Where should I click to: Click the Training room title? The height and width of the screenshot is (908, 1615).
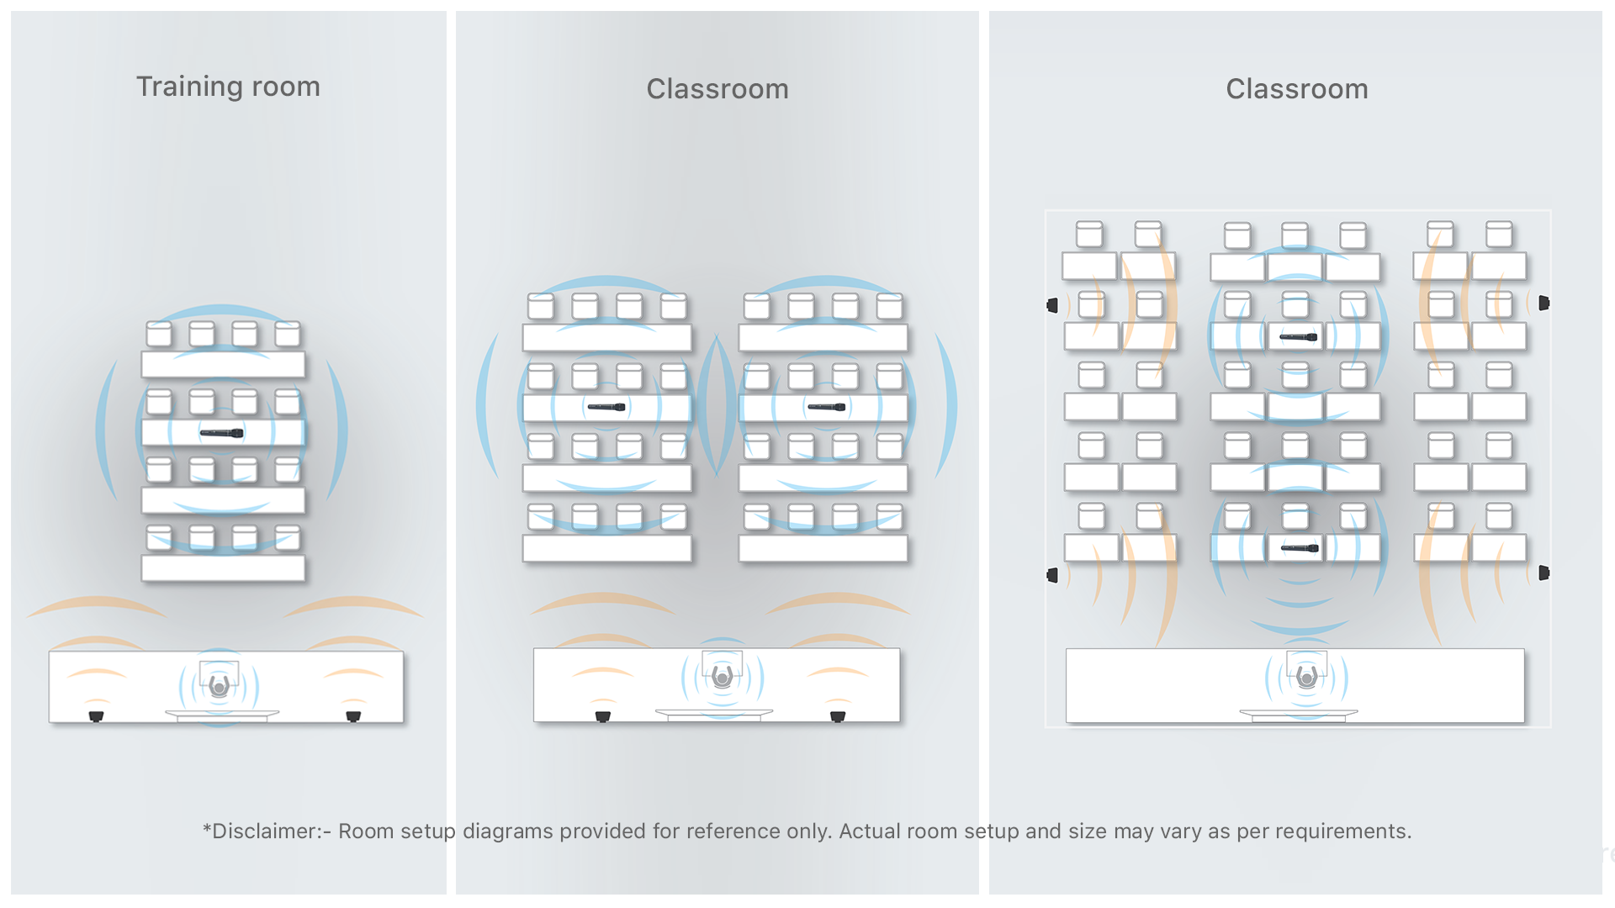(x=228, y=87)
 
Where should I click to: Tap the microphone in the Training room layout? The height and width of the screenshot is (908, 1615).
(x=221, y=433)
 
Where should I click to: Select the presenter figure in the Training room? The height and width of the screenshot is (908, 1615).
(x=220, y=684)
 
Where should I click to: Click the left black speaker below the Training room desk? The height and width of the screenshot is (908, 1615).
(x=96, y=716)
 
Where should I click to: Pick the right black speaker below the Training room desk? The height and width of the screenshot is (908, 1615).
(x=353, y=716)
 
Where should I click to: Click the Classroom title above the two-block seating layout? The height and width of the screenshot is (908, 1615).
(x=717, y=89)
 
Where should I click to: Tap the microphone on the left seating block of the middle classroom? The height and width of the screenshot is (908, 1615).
(x=606, y=407)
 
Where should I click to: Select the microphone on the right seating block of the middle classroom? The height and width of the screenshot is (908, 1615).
(x=826, y=407)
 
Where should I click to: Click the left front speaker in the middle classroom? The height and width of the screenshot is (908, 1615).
(x=602, y=716)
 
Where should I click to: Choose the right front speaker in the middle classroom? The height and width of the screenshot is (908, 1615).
(x=838, y=716)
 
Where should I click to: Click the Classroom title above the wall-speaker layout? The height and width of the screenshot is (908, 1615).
(x=1297, y=89)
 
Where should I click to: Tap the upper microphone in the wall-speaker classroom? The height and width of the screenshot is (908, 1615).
(x=1299, y=337)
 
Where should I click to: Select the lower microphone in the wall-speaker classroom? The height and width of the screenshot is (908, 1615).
(x=1300, y=548)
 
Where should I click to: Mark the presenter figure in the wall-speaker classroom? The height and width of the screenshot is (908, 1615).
(x=1306, y=676)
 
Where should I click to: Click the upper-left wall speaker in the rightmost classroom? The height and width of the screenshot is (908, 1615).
(x=1052, y=305)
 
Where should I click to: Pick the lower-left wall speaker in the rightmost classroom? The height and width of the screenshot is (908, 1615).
(x=1052, y=575)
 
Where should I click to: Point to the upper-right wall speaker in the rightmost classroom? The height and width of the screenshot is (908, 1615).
(x=1544, y=303)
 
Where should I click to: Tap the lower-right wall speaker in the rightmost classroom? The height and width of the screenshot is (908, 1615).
(x=1544, y=573)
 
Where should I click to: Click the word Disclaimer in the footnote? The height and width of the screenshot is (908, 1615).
(x=269, y=831)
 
